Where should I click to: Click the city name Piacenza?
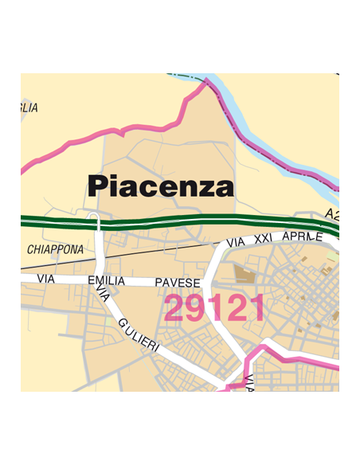pyautogui.click(x=161, y=187)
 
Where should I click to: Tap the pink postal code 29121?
pyautogui.click(x=213, y=308)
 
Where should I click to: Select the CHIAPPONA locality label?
pyautogui.click(x=55, y=250)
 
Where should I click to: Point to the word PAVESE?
pyautogui.click(x=176, y=283)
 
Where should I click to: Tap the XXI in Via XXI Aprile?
pyautogui.click(x=262, y=239)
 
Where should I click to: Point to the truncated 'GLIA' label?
pyautogui.click(x=29, y=107)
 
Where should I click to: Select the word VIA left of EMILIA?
pyautogui.click(x=44, y=279)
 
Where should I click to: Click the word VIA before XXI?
pyautogui.click(x=235, y=241)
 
